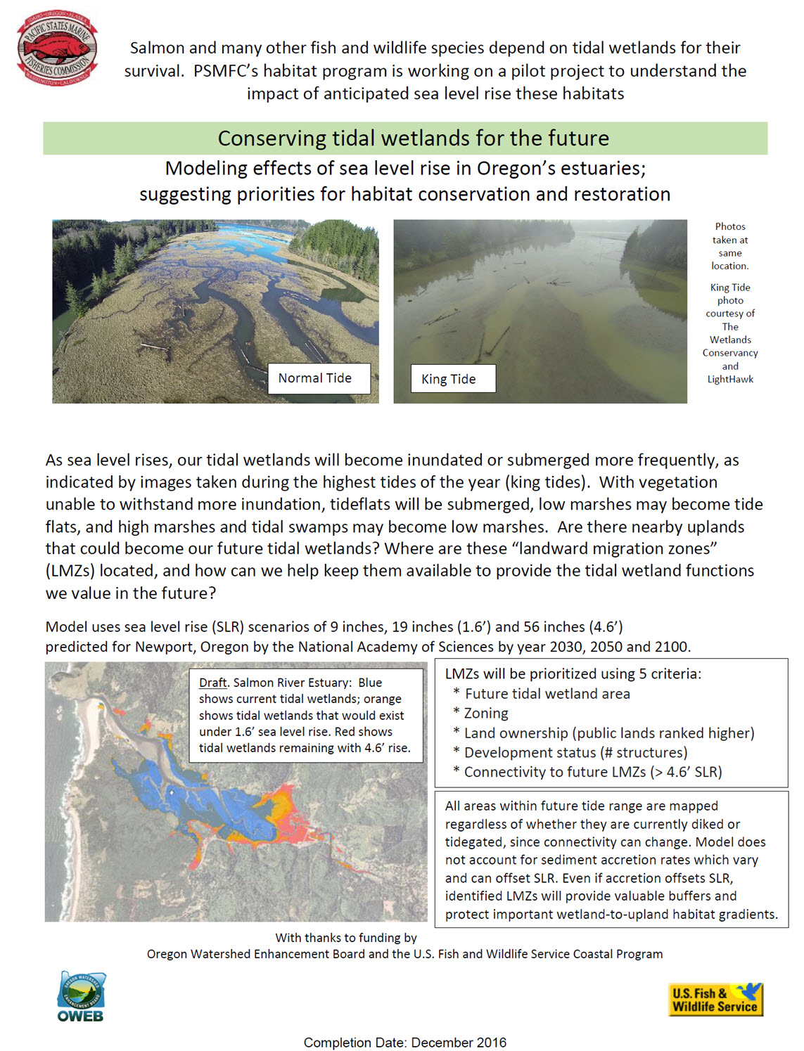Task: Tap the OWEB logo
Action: (81, 997)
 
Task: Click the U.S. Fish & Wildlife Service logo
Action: (715, 999)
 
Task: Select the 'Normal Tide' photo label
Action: (314, 378)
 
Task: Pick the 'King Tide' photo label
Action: (449, 379)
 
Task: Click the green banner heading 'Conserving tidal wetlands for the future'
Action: (413, 138)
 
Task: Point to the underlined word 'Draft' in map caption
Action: (212, 683)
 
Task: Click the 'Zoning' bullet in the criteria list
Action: (485, 714)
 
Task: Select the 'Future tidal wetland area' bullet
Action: (547, 694)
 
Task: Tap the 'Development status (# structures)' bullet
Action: (575, 752)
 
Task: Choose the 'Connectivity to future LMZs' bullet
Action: (592, 772)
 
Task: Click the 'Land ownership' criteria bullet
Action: (608, 733)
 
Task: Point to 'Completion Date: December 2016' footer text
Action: (404, 1042)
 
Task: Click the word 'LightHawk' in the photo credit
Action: (730, 380)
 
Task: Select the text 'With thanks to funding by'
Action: (345, 938)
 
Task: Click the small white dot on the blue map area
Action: (171, 792)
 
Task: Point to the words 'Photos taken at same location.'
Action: (730, 246)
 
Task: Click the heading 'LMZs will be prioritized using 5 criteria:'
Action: (573, 673)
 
